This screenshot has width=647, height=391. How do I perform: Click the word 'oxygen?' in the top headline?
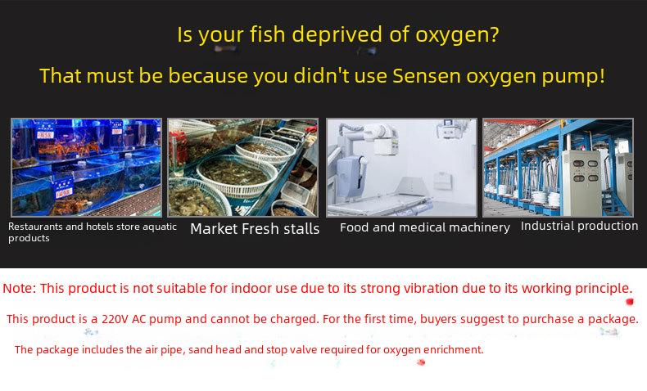click(457, 35)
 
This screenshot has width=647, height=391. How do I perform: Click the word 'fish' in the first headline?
click(267, 34)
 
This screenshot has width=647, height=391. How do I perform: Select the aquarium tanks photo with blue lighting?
click(86, 168)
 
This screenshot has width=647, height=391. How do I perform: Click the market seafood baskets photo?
click(243, 168)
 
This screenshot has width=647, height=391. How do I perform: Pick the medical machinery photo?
click(401, 168)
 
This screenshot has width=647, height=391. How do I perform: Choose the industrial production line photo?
click(558, 168)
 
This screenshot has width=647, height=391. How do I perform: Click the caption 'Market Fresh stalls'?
click(255, 229)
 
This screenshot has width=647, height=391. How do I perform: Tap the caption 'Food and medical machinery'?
click(424, 227)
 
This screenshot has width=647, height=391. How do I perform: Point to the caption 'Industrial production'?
click(579, 226)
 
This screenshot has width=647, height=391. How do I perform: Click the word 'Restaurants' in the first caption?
click(35, 227)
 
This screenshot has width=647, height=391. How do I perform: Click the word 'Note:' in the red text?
click(20, 288)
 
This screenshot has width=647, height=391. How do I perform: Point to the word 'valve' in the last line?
click(304, 350)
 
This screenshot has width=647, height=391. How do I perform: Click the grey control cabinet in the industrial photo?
click(582, 182)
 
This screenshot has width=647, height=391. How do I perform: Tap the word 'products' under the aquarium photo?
click(29, 239)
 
